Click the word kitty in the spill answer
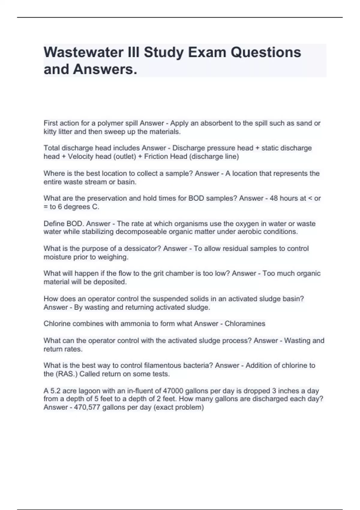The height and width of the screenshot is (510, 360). click(50, 132)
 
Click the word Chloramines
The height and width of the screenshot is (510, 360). click(245, 324)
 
